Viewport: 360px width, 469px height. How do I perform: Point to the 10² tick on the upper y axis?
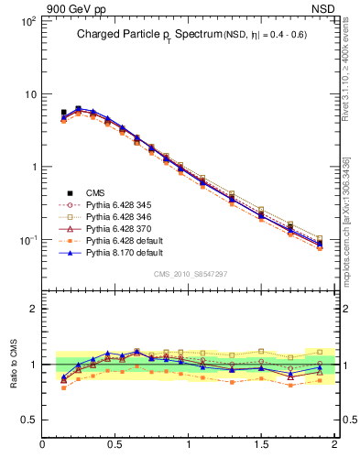click(x=27, y=21)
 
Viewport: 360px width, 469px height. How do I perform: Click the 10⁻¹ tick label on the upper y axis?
click(x=27, y=240)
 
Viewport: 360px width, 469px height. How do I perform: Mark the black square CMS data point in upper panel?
click(x=63, y=113)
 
